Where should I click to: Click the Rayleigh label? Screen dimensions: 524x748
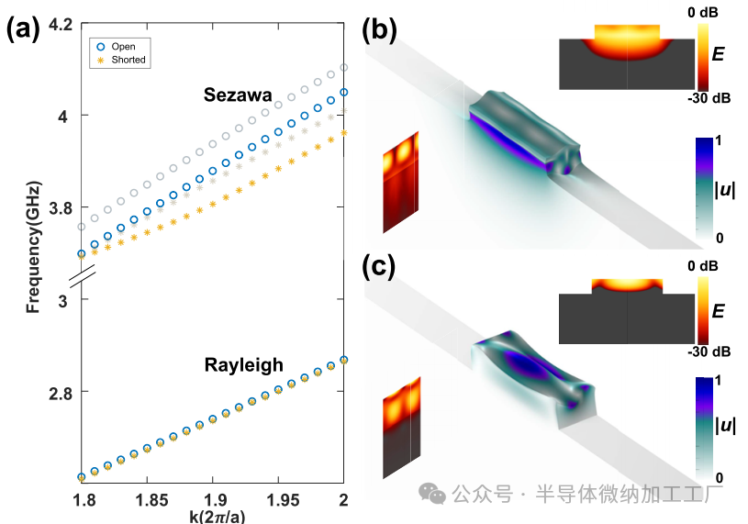(243, 364)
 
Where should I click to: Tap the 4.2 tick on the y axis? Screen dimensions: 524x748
(60, 24)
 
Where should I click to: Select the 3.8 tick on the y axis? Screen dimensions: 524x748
(60, 208)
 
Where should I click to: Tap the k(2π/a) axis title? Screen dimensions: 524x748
(213, 515)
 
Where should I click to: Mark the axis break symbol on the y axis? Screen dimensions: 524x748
(82, 276)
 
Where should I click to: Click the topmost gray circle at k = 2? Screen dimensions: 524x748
(344, 67)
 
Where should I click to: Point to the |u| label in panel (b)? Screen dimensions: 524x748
(711, 188)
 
